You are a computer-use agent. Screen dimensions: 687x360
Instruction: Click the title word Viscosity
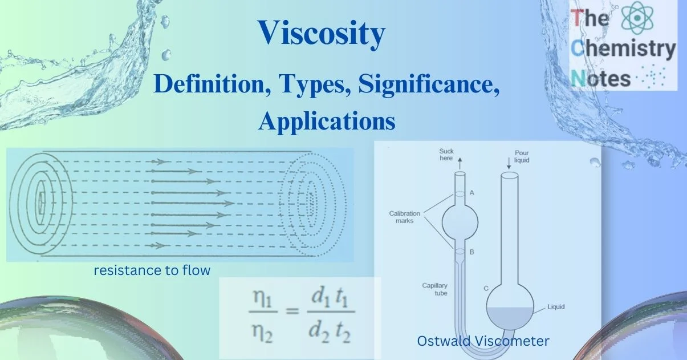(322, 34)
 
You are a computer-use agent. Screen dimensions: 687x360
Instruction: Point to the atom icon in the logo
(637, 18)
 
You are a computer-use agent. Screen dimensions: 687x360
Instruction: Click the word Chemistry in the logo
(624, 49)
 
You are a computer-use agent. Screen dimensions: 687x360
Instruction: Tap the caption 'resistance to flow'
(152, 270)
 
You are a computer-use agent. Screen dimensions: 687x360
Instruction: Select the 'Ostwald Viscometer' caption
(483, 341)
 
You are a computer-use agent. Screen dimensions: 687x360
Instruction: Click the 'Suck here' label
(446, 155)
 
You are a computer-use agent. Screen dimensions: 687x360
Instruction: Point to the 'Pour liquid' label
(522, 156)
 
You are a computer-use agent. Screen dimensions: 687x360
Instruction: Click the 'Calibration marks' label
(405, 217)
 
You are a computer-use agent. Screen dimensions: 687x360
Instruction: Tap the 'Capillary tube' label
(434, 289)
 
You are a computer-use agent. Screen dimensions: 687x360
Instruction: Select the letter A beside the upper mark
(471, 193)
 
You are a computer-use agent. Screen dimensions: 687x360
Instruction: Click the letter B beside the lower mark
(471, 252)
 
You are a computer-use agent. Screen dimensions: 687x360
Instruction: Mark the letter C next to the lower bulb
(486, 289)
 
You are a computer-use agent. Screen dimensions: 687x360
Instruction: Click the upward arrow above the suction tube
(460, 163)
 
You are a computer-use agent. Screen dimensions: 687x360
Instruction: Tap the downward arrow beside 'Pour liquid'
(509, 163)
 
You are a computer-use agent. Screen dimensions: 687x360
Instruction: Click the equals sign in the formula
(292, 312)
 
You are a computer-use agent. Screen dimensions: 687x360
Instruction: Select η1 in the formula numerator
(262, 298)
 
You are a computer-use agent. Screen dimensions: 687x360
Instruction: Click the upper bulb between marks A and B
(460, 222)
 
